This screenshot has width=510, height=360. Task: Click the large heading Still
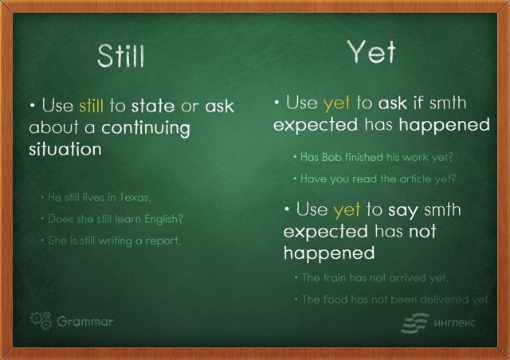120,56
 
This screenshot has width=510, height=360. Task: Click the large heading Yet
371,52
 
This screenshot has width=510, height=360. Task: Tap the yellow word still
91,106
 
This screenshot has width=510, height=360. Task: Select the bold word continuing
146,128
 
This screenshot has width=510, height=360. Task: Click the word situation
65,150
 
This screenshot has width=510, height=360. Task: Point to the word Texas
135,198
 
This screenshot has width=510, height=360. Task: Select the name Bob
331,157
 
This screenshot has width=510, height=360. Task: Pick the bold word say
402,211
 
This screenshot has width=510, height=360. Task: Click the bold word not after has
422,232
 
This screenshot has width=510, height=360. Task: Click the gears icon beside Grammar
41,321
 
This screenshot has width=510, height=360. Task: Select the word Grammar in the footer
85,322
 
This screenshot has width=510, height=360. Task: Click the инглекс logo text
455,323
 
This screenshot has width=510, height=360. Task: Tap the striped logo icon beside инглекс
415,323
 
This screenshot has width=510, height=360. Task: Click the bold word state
153,106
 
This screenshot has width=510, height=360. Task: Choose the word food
335,299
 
